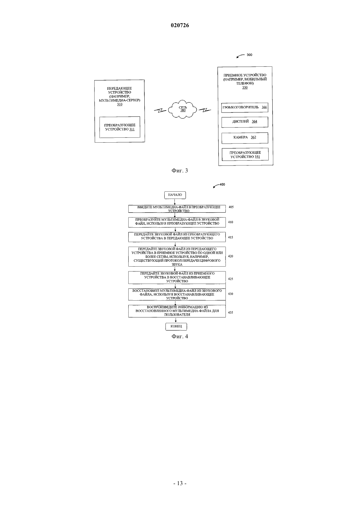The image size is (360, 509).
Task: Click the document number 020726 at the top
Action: click(180, 25)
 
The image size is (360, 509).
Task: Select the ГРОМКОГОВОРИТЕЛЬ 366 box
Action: click(244, 107)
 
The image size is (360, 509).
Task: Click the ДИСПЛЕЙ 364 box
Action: click(245, 122)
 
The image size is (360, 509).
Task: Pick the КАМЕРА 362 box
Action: click(245, 138)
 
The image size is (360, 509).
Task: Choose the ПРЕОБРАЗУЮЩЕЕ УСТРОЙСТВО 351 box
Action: click(245, 154)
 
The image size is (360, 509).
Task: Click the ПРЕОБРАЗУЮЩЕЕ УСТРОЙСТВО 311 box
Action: click(120, 127)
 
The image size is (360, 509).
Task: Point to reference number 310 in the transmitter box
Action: click(119, 104)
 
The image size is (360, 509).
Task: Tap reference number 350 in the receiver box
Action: click(245, 87)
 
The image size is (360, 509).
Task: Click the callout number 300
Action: click(249, 55)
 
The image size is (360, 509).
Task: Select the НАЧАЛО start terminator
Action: click(175, 195)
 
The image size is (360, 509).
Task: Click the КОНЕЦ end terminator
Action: click(176, 326)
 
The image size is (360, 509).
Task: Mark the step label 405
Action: click(231, 207)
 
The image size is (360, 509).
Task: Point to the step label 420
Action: click(230, 256)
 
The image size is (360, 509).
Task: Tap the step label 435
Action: click(230, 312)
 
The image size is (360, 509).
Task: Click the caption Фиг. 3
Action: click(180, 171)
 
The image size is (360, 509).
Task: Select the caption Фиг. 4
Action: click(180, 337)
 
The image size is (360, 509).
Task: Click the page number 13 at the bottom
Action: click(180, 483)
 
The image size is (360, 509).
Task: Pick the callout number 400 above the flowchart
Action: click(222, 184)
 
